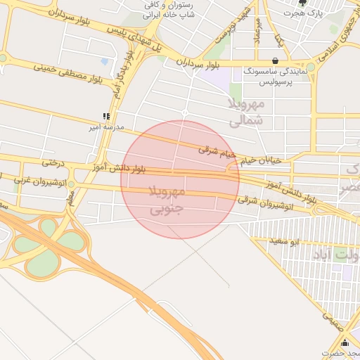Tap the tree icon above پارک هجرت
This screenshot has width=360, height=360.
[302, 3]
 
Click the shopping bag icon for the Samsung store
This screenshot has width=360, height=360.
[274, 60]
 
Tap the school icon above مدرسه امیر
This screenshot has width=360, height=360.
[107, 116]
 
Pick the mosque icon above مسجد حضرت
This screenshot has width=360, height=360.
[345, 342]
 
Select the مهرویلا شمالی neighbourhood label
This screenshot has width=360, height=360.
[247, 112]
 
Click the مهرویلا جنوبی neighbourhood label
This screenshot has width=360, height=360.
[167, 200]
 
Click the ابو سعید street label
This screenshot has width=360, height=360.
[303, 243]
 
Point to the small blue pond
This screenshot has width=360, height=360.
[104, 62]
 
